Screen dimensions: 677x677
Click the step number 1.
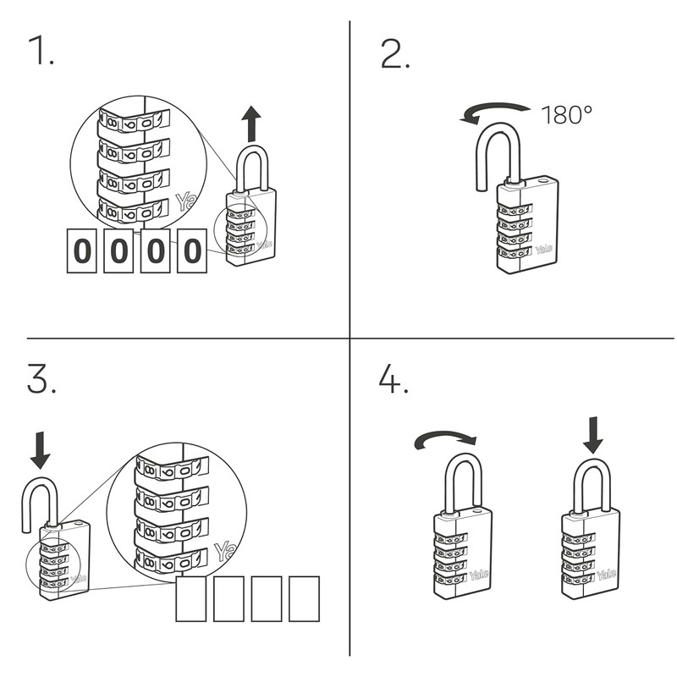tap(40, 53)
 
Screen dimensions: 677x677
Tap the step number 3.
tap(41, 380)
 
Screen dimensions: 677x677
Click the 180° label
tap(563, 115)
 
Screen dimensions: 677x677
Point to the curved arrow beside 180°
tap(494, 113)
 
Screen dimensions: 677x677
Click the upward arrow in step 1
tap(250, 124)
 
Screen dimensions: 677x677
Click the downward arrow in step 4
tap(593, 434)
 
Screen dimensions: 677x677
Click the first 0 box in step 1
tap(81, 251)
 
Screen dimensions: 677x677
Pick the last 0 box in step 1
tap(192, 251)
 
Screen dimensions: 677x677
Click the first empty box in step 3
tap(191, 599)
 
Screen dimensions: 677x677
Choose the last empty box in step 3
tap(304, 599)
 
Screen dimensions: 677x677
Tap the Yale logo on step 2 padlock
tap(544, 250)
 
